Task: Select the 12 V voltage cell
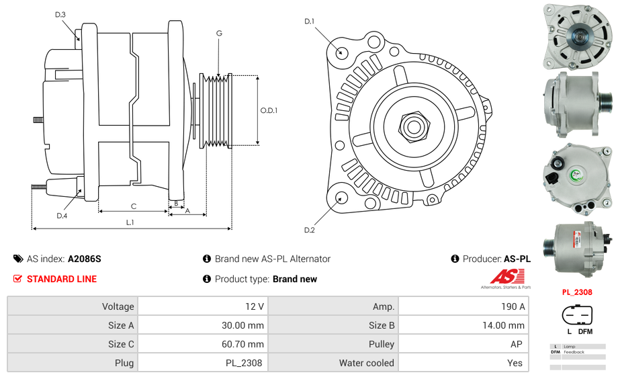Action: (254, 306)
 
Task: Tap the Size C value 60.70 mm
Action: (244, 344)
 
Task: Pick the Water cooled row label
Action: (366, 363)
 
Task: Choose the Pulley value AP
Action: (517, 344)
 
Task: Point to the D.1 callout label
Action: (309, 22)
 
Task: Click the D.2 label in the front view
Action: (309, 230)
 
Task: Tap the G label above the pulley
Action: (219, 33)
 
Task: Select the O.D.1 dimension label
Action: (269, 110)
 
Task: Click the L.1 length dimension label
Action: (130, 222)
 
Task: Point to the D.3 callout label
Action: (60, 14)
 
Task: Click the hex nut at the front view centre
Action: (412, 126)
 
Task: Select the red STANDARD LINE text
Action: (62, 279)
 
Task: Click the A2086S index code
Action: (84, 259)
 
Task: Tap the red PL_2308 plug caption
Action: (577, 292)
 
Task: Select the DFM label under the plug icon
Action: (585, 331)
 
